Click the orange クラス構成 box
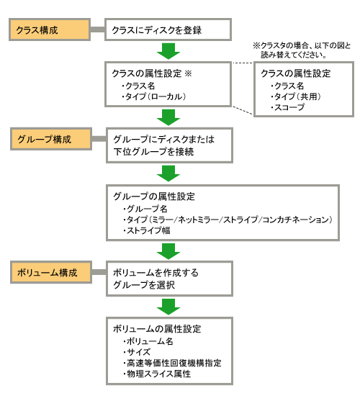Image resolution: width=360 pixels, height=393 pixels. coord(50,30)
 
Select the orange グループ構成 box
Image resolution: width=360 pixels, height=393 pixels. coord(51,139)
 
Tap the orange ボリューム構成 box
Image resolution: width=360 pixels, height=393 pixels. coord(51,272)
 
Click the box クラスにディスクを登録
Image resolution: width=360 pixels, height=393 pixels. coord(168,30)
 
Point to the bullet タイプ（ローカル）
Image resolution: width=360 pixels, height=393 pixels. coord(154,96)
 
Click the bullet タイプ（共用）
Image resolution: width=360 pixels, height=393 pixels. coord(296,96)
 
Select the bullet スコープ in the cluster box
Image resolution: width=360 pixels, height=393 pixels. coord(288,107)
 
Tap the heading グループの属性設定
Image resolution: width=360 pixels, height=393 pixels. coord(154,196)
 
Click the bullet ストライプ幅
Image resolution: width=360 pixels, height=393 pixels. coord(147,230)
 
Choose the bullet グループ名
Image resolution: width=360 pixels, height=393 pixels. coord(145,209)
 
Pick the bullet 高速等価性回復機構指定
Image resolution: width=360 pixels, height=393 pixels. coord(173,363)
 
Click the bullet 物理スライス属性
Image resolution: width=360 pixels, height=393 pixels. coord(157,374)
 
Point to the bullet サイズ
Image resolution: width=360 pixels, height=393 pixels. coord(137,352)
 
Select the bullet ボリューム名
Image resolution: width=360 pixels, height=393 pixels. coord(148,341)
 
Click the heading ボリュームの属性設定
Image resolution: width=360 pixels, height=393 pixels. coord(157,329)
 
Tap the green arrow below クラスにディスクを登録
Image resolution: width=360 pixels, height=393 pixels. coord(168,51)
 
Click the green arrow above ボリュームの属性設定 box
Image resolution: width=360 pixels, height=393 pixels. coord(168,307)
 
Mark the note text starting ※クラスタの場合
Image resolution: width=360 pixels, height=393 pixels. coord(302,50)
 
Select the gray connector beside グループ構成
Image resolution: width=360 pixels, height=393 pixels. coord(99,139)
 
